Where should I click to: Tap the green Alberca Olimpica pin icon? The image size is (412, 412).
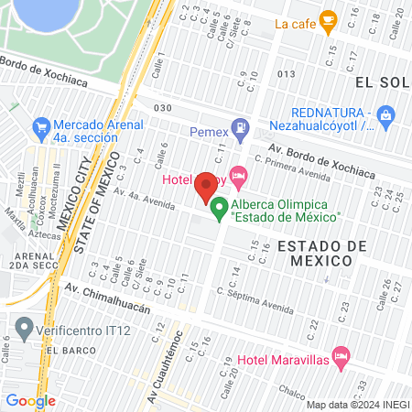click(219, 210)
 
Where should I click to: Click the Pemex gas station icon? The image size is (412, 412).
click(238, 127)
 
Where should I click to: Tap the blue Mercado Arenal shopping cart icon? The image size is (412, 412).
click(40, 125)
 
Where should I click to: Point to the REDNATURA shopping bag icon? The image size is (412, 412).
click(385, 115)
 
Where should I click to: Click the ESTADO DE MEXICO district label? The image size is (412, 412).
click(310, 254)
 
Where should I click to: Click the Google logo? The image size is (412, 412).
click(29, 400)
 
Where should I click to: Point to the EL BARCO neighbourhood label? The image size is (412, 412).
click(69, 351)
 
